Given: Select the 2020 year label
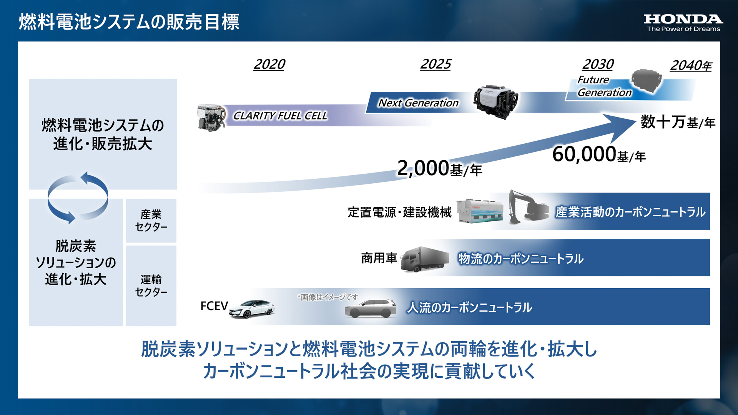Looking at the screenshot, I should pos(269,64).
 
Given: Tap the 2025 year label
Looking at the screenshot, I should pos(435,64).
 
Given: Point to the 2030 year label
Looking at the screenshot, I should pos(598,64).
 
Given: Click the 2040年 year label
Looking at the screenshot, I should pos(691,66).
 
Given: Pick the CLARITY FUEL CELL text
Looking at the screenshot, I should pos(280,116).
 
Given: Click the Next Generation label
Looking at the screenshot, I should pos(418,103).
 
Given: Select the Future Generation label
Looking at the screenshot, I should pos(604,86).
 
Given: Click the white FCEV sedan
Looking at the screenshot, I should pos(252,309).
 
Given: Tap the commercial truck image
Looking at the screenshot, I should pos(425,259).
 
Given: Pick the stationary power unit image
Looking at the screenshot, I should pos(479,211).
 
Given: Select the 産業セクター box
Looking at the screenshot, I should pos(151,221).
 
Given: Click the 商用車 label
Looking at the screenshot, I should pos(379,258).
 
